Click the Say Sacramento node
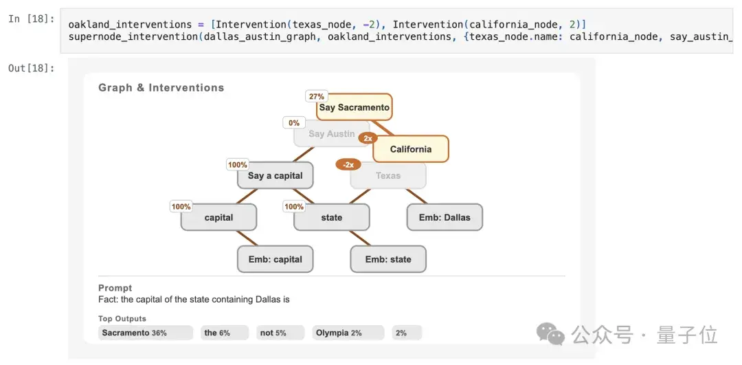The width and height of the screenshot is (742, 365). click(355, 107)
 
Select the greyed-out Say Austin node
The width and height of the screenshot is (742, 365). click(331, 134)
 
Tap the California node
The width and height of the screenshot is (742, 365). click(411, 149)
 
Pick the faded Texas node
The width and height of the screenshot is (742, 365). click(388, 176)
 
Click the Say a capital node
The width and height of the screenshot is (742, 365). click(275, 176)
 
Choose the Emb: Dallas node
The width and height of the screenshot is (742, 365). click(445, 217)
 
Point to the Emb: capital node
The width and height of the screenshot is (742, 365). click(275, 259)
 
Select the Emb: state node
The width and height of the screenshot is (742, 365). click(388, 259)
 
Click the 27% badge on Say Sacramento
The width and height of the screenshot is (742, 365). click(316, 96)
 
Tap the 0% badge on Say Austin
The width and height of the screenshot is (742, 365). click(294, 123)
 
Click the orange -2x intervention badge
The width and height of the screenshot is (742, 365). click(348, 165)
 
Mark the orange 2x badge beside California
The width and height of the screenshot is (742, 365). click(368, 138)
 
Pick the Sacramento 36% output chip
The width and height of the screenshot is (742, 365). click(146, 333)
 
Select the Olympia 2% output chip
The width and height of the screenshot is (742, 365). click(348, 333)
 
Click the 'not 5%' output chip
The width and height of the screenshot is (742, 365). click(280, 333)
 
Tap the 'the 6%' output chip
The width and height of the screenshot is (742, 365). click(224, 333)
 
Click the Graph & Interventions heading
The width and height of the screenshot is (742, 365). click(161, 87)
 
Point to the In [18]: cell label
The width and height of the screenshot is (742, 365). click(31, 20)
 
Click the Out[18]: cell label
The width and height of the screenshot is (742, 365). click(31, 68)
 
